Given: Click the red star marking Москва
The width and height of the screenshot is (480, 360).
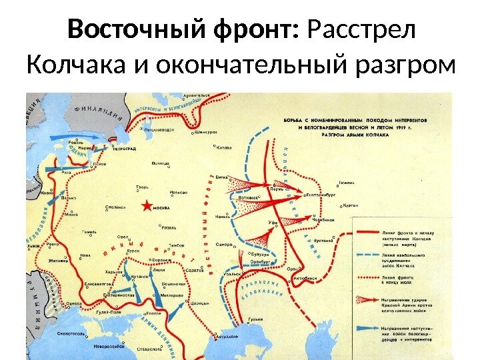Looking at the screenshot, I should [x=146, y=206].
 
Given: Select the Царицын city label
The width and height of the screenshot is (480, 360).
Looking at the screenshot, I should [x=200, y=303].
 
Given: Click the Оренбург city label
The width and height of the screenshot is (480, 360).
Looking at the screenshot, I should [x=263, y=262].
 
